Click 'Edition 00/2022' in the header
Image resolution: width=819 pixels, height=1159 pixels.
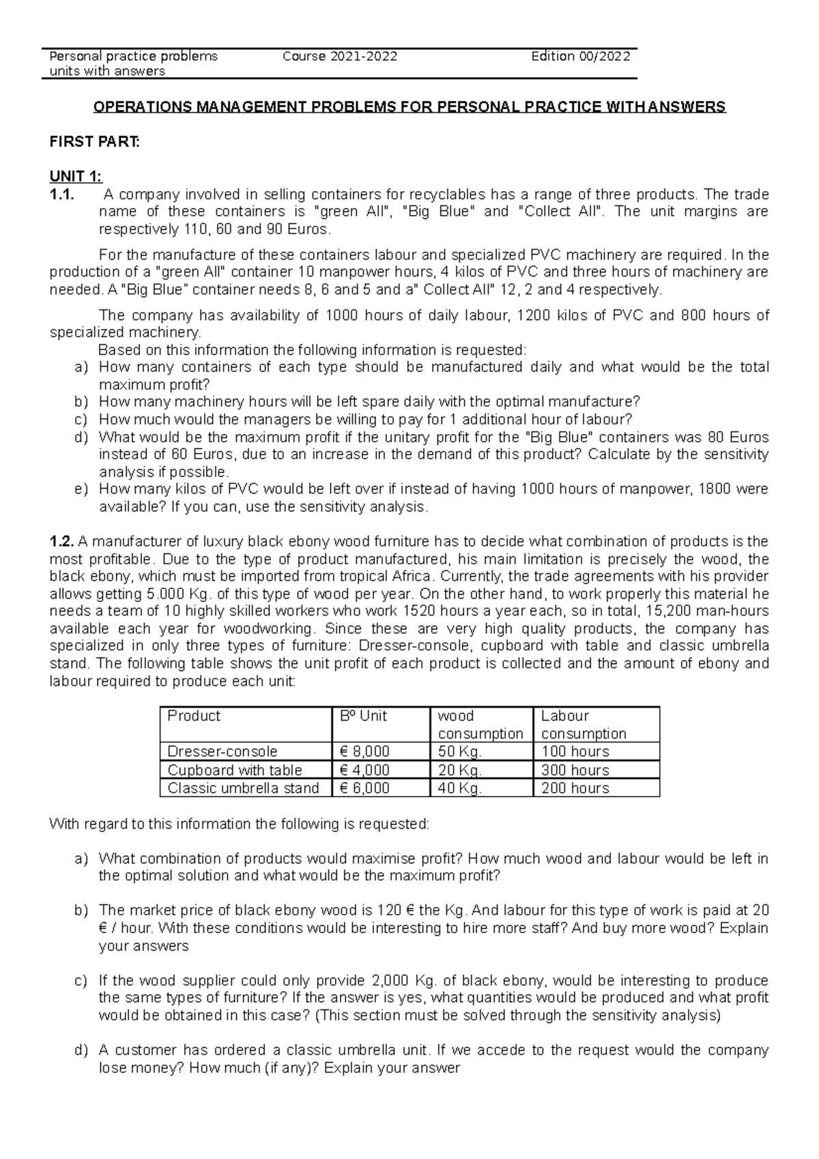pos(580,57)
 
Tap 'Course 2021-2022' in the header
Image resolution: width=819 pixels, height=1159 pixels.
pos(340,57)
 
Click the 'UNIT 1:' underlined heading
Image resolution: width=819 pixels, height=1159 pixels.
pos(76,176)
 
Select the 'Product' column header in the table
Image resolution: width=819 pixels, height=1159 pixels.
pos(194,716)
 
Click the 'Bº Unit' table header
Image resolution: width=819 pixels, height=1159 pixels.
pos(363,716)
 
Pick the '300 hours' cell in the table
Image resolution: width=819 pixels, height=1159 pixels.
pos(575,770)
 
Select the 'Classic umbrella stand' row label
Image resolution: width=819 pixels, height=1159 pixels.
pos(243,788)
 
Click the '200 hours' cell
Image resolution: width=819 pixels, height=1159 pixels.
pos(575,788)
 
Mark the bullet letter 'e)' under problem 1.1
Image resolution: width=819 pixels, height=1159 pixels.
pos(81,489)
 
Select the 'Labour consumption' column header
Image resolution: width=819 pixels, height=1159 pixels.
pos(583,725)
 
